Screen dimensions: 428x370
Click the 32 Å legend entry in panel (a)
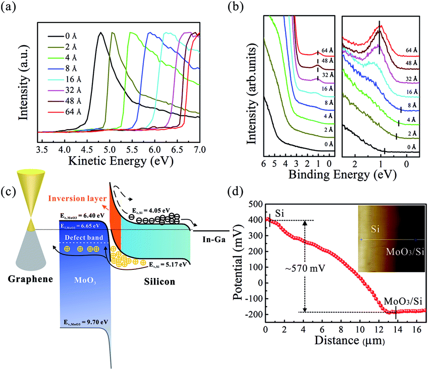pyautogui.click(x=65, y=90)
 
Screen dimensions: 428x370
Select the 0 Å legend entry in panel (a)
pyautogui.click(x=63, y=36)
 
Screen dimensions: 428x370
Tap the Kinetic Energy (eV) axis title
pyautogui.click(x=120, y=161)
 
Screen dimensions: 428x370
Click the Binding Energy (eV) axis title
pyautogui.click(x=342, y=174)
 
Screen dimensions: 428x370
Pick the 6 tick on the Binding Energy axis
pyautogui.click(x=263, y=164)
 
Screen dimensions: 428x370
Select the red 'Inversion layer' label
pyautogui.click(x=77, y=199)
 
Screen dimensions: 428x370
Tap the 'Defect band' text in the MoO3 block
pyautogui.click(x=84, y=237)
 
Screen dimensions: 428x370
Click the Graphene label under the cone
pyautogui.click(x=30, y=279)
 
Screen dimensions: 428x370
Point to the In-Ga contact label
pyautogui.click(x=214, y=239)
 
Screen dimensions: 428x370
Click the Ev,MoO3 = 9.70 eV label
pyautogui.click(x=86, y=322)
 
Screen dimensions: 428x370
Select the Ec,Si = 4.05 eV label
pyautogui.click(x=151, y=211)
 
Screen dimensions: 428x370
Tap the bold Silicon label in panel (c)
pyautogui.click(x=160, y=282)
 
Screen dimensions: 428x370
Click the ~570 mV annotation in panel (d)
pyautogui.click(x=305, y=268)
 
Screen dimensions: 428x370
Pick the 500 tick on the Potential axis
pyautogui.click(x=256, y=204)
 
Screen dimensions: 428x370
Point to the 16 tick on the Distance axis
pyautogui.click(x=417, y=330)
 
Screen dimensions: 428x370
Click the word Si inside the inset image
pyautogui.click(x=375, y=229)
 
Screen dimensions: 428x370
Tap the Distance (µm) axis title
pyautogui.click(x=350, y=341)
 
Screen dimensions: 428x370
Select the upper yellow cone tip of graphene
pyautogui.click(x=31, y=217)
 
